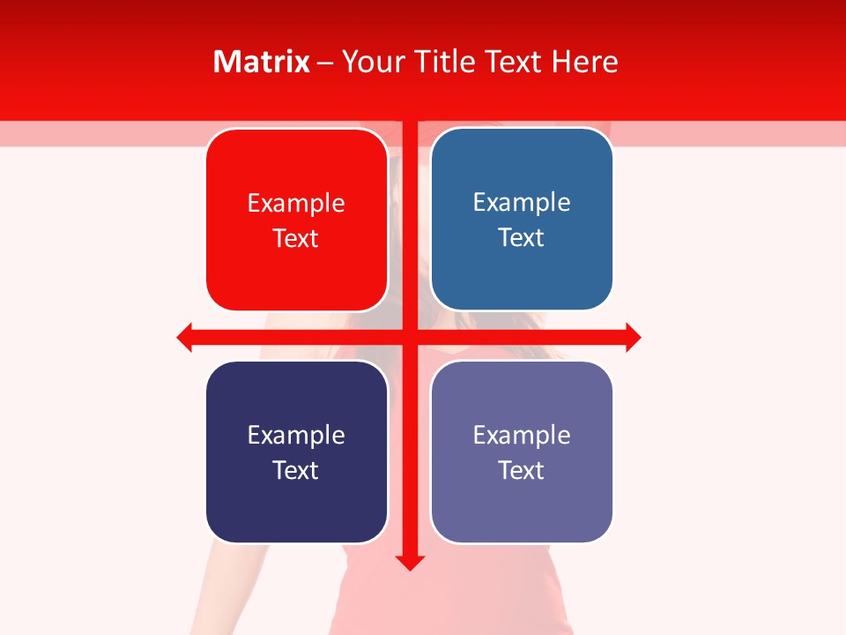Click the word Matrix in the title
click(x=262, y=62)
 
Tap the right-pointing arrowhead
click(x=633, y=338)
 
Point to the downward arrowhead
click(x=410, y=563)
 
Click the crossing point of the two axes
click(x=410, y=338)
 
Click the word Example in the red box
click(x=296, y=204)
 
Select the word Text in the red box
click(x=296, y=239)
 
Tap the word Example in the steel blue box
click(x=522, y=203)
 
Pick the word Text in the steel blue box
click(x=522, y=238)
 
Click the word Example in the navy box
click(x=296, y=436)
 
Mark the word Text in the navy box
click(x=296, y=471)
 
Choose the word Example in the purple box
click(x=522, y=436)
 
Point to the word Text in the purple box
click(x=522, y=471)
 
